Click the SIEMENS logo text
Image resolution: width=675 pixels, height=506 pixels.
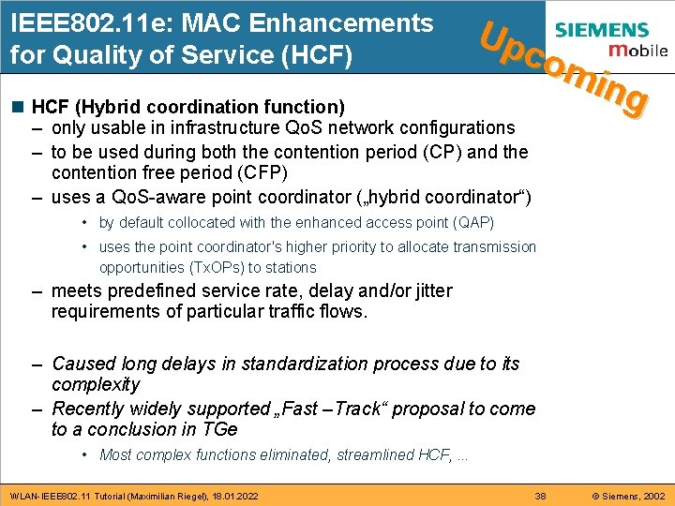[614, 31]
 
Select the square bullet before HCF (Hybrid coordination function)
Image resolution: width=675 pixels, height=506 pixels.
[19, 107]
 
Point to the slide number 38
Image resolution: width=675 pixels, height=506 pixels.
[540, 495]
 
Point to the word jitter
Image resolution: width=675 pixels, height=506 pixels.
[427, 291]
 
